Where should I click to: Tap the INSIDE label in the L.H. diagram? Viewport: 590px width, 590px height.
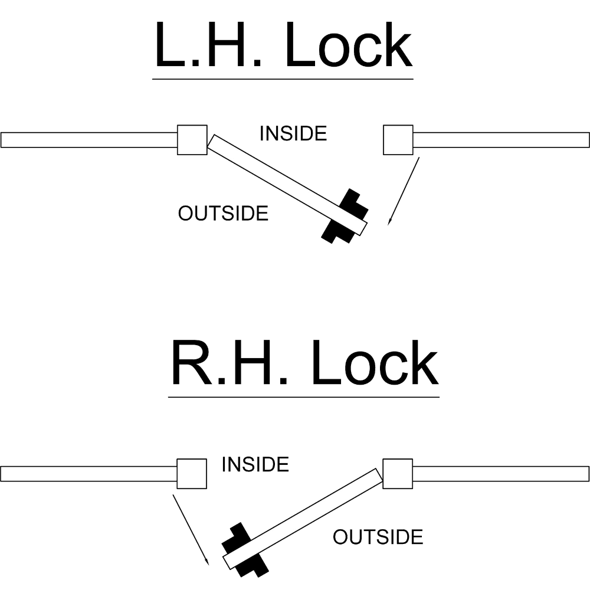tap(294, 134)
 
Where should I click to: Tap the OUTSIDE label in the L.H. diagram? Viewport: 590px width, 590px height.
tap(223, 213)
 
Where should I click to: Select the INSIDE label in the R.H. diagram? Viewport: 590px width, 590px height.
tap(255, 465)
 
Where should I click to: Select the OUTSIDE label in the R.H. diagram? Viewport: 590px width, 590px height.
tap(378, 537)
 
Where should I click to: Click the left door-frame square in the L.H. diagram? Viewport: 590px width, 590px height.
tap(192, 140)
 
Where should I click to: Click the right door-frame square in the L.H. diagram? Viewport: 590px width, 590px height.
tap(398, 140)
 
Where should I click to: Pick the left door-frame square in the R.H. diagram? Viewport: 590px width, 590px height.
tap(192, 474)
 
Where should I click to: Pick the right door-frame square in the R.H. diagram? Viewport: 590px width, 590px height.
tap(398, 474)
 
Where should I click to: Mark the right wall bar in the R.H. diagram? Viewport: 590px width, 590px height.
tap(501, 474)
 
